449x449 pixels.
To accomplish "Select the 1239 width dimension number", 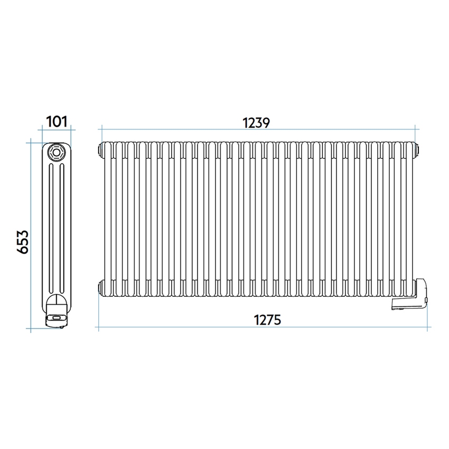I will coord(256,123).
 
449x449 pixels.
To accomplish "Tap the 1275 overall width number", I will coord(267,320).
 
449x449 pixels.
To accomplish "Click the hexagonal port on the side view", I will coord(55,153).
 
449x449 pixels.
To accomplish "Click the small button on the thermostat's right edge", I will coord(427,299).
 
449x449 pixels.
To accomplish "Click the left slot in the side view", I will coord(50,227).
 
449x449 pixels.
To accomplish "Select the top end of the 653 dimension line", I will coord(32,141).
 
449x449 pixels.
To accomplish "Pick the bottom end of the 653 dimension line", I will coord(32,329).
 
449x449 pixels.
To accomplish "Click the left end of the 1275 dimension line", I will coord(99,328).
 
